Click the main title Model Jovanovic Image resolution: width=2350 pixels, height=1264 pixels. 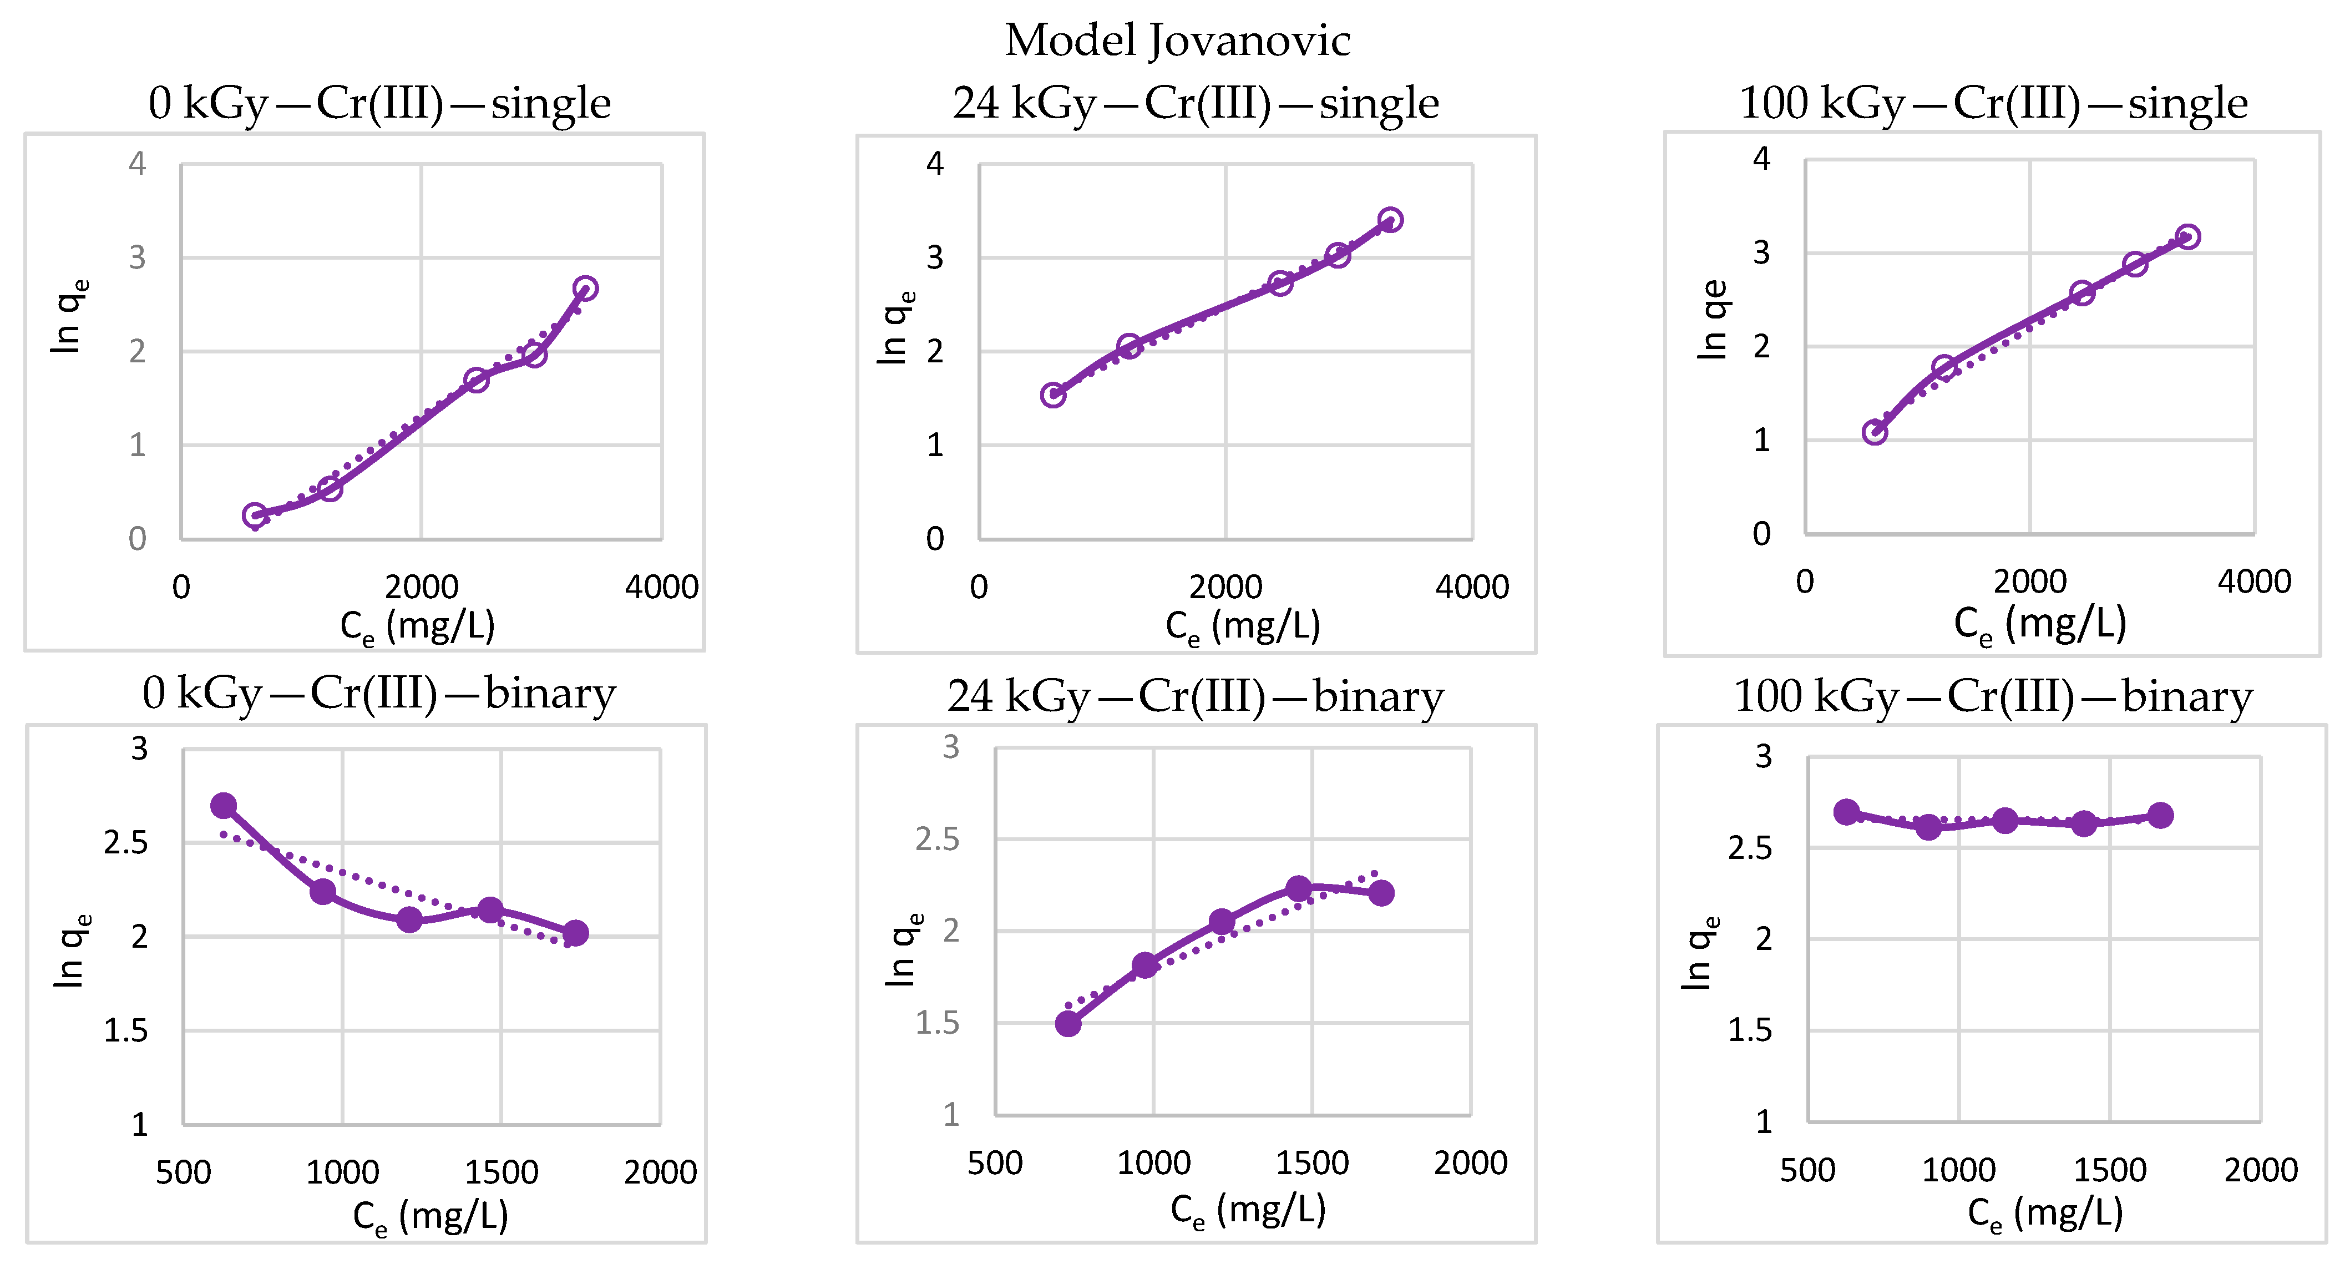coord(1177,41)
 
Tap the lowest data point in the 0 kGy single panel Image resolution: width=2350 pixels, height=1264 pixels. coord(255,515)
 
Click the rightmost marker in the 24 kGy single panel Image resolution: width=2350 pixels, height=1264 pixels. coord(1390,220)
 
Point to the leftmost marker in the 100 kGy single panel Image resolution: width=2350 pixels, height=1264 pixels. coord(1875,432)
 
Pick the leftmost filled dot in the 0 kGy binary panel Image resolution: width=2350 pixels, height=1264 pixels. coord(224,806)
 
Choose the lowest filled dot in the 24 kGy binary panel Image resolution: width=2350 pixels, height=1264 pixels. coord(1068,1024)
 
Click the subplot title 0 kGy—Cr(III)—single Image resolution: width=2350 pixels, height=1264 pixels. coord(379,103)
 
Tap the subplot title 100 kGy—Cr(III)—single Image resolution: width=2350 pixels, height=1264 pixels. coord(1993,103)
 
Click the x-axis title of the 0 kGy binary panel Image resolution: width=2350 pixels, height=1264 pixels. coord(430,1216)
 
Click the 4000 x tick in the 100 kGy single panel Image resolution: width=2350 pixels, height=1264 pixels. coord(2254,582)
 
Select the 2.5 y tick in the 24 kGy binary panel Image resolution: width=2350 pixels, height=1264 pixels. coord(937,839)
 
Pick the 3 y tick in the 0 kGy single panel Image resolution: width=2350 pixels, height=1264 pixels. coord(137,258)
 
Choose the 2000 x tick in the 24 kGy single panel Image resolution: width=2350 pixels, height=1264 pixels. coord(1225,587)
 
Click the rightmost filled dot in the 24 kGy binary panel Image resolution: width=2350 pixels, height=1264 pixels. coord(1381,893)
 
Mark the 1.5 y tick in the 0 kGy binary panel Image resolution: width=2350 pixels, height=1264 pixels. coord(126,1030)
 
